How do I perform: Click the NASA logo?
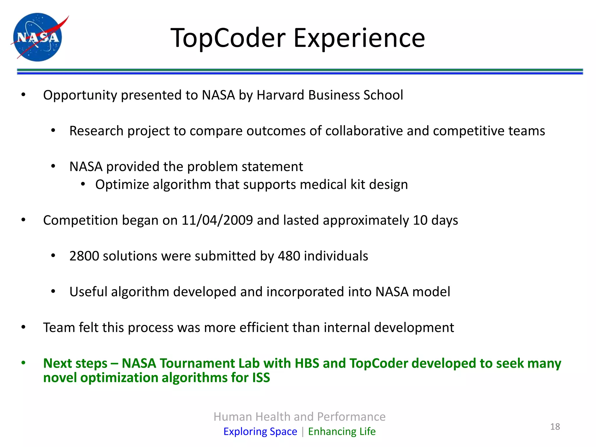click(x=38, y=37)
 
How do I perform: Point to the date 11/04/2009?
click(x=217, y=220)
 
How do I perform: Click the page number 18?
click(x=555, y=427)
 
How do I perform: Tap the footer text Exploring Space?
click(x=260, y=431)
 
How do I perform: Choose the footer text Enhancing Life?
click(x=342, y=431)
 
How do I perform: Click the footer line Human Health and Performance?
click(x=299, y=417)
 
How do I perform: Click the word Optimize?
click(x=122, y=185)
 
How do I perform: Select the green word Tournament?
click(x=197, y=363)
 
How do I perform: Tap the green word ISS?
click(x=261, y=378)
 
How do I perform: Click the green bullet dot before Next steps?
click(x=24, y=363)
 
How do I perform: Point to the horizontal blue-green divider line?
click(x=300, y=71)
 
